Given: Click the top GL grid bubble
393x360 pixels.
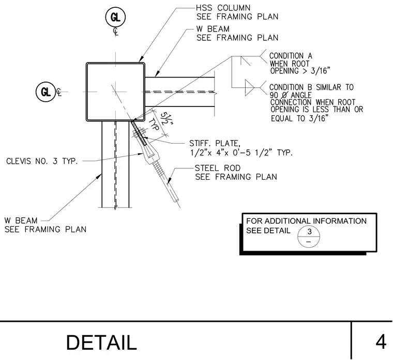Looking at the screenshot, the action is pyautogui.click(x=115, y=17).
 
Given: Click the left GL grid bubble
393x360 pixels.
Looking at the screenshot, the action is pyautogui.click(x=46, y=92).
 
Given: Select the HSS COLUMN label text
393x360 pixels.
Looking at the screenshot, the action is pyautogui.click(x=223, y=8).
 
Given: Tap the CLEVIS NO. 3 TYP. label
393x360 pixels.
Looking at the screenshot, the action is pyautogui.click(x=42, y=161).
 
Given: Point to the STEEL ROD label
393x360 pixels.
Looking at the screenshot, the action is pyautogui.click(x=218, y=168).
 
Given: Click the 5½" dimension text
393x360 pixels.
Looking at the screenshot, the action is pyautogui.click(x=167, y=118).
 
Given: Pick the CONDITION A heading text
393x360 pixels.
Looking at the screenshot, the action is pyautogui.click(x=291, y=56).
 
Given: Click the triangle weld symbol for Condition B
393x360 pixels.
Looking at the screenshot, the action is pyautogui.click(x=249, y=88).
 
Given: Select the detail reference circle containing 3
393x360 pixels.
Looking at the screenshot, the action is pyautogui.click(x=309, y=237).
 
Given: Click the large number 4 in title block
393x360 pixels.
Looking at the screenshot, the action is pyautogui.click(x=381, y=342).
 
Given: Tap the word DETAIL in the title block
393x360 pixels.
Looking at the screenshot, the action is pyautogui.click(x=101, y=342).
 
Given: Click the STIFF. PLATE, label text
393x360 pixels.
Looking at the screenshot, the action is pyautogui.click(x=215, y=144).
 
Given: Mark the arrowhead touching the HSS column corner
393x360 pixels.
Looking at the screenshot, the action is pyautogui.click(x=141, y=59).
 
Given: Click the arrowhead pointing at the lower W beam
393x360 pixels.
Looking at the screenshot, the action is pyautogui.click(x=98, y=177).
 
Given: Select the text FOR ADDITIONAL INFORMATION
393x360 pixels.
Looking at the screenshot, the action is pyautogui.click(x=306, y=221).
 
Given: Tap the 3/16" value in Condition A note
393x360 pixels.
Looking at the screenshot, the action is pyautogui.click(x=321, y=71).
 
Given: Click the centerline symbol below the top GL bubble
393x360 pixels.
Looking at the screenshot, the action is pyautogui.click(x=115, y=32).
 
